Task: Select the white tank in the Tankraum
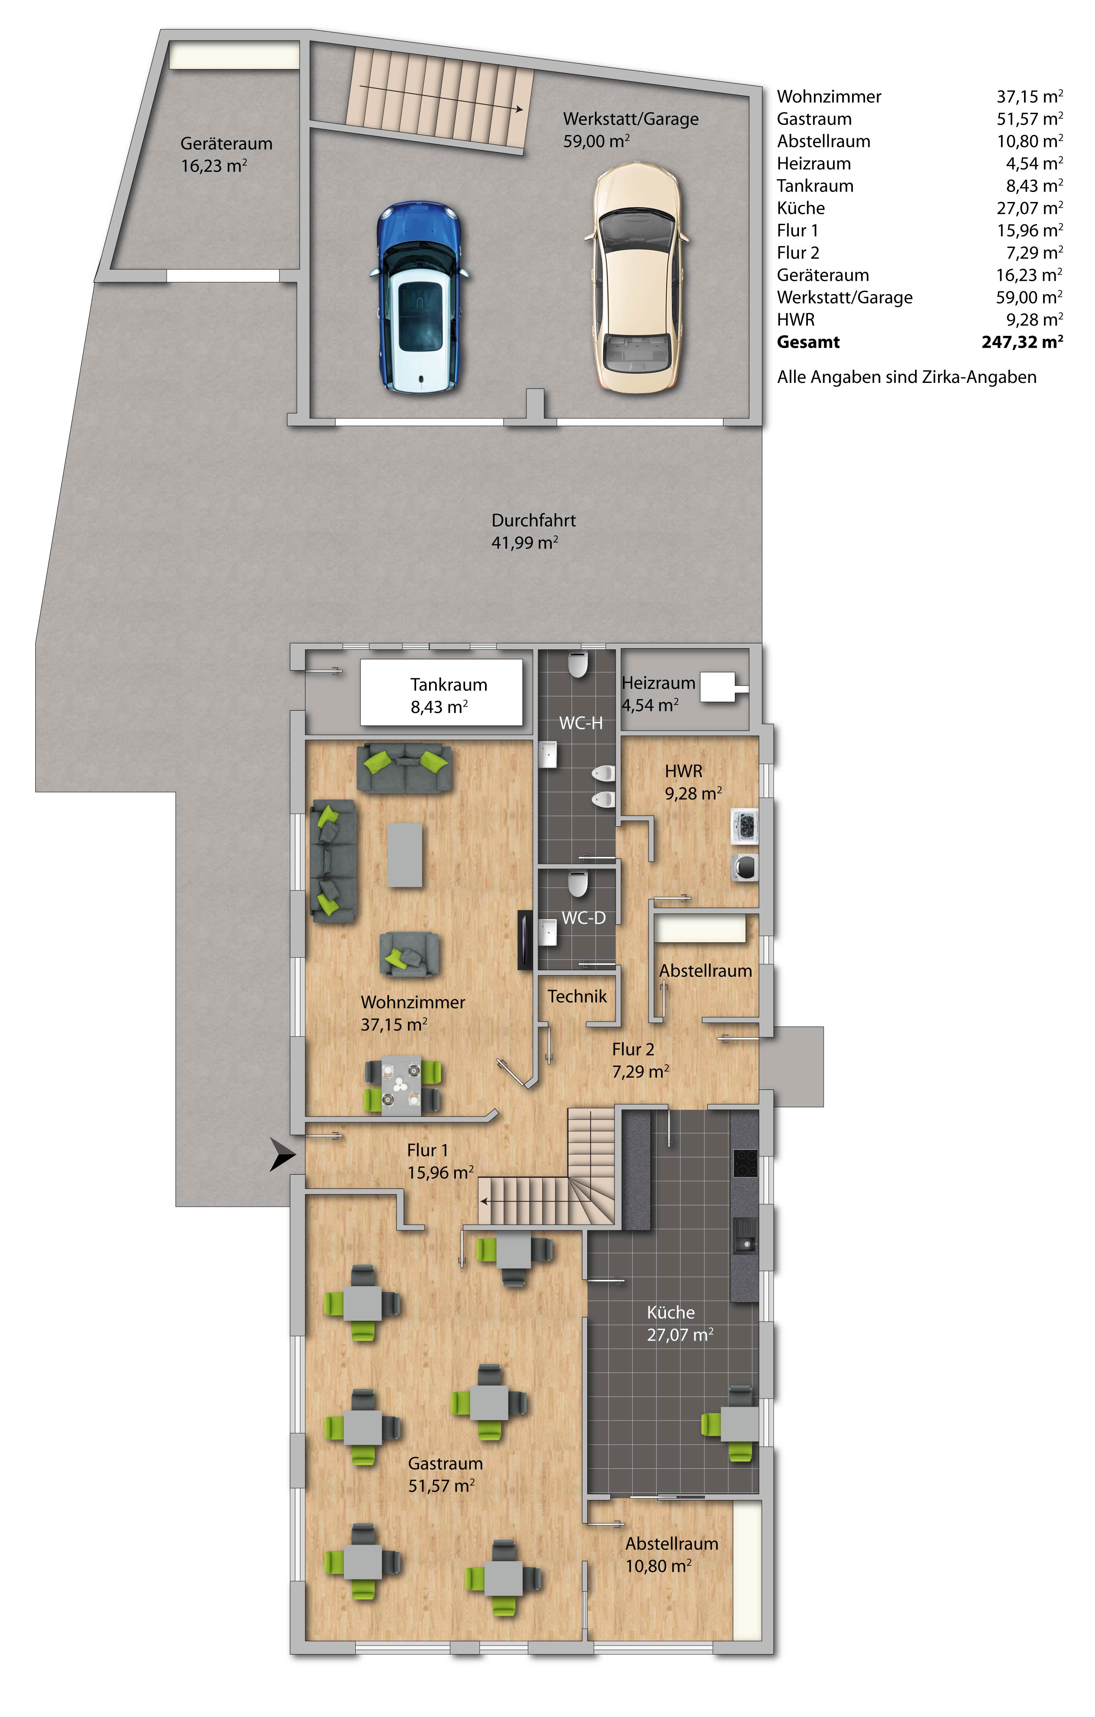[x=441, y=692]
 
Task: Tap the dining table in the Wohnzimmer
[x=402, y=1087]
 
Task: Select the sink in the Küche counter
[x=745, y=1234]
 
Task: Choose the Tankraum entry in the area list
[x=815, y=186]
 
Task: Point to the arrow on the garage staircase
[x=442, y=98]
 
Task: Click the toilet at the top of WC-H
[x=578, y=665]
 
